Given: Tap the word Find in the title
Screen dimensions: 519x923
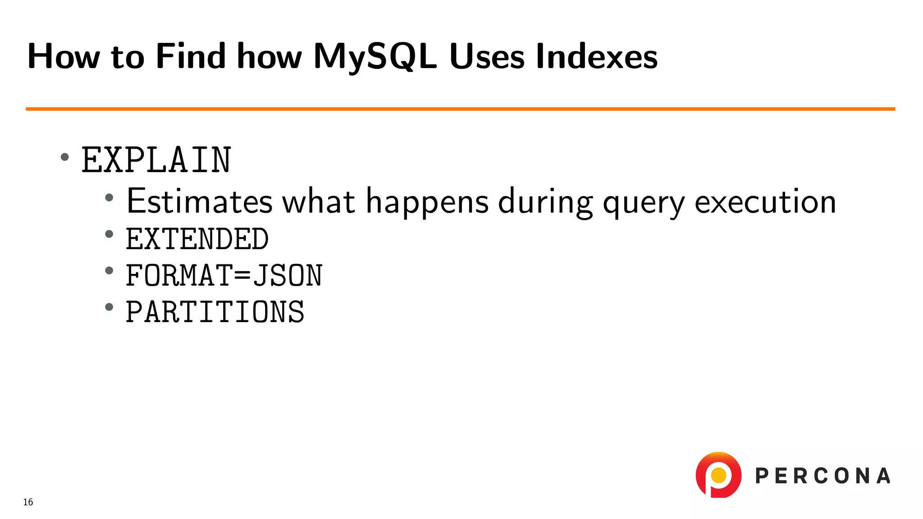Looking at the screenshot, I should click(x=190, y=57).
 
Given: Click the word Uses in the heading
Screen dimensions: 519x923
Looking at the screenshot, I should click(x=487, y=57).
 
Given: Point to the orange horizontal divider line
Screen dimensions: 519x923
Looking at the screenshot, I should click(x=460, y=109).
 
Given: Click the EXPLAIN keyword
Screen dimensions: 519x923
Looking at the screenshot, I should click(x=156, y=160).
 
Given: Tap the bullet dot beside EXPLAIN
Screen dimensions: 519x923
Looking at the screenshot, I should click(x=65, y=157).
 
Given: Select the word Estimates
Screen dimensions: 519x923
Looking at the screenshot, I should click(x=200, y=201).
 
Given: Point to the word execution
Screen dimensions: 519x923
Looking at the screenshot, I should click(x=765, y=201).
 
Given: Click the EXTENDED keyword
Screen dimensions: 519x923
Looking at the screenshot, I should click(x=197, y=239).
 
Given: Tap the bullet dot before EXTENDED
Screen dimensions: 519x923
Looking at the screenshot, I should click(x=109, y=234).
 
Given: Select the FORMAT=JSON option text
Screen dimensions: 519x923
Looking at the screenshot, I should click(x=224, y=275).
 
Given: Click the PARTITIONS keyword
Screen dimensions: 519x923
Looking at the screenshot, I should click(x=215, y=312).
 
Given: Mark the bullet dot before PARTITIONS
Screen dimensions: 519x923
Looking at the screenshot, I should click(x=109, y=307).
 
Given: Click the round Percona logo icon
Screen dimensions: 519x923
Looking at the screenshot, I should click(x=718, y=475).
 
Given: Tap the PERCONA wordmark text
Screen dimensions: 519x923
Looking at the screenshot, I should click(x=822, y=476).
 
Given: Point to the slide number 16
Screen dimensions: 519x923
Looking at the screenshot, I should click(x=28, y=502).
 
